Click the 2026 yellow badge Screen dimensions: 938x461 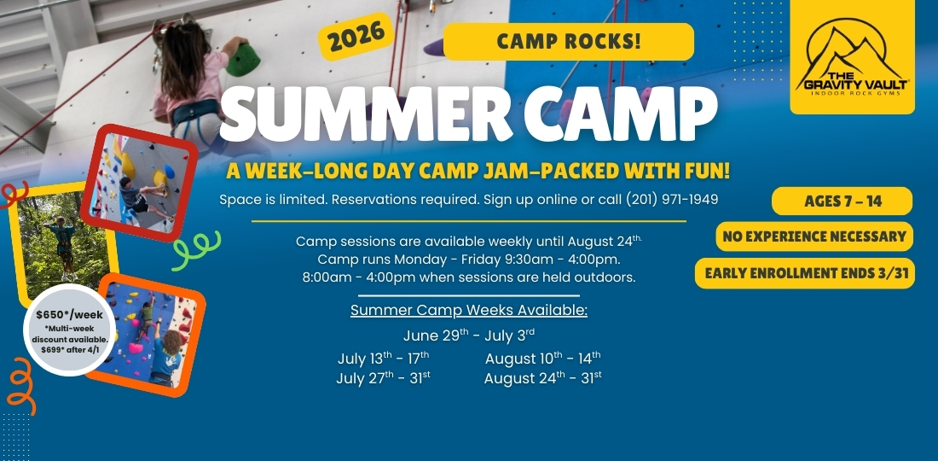coord(356,36)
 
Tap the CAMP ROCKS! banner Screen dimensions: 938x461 coord(568,41)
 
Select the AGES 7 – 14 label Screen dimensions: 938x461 coord(842,201)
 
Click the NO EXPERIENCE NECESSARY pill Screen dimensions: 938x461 coord(814,236)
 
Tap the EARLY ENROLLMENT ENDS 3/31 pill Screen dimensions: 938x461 coord(805,273)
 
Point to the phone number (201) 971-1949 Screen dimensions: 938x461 coord(672,200)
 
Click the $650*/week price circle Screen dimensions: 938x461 coord(69,330)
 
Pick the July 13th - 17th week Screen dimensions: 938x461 coord(383,358)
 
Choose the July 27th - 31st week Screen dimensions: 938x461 coord(383,378)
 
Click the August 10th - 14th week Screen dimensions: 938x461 coord(542,358)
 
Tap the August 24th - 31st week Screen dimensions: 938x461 coord(542,378)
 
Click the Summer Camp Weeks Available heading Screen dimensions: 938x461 coord(469,310)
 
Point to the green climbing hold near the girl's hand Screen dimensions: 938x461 coord(243,60)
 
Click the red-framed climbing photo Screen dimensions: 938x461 coord(139,183)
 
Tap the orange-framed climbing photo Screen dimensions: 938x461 coord(149,336)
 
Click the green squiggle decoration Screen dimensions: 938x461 coord(195,249)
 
